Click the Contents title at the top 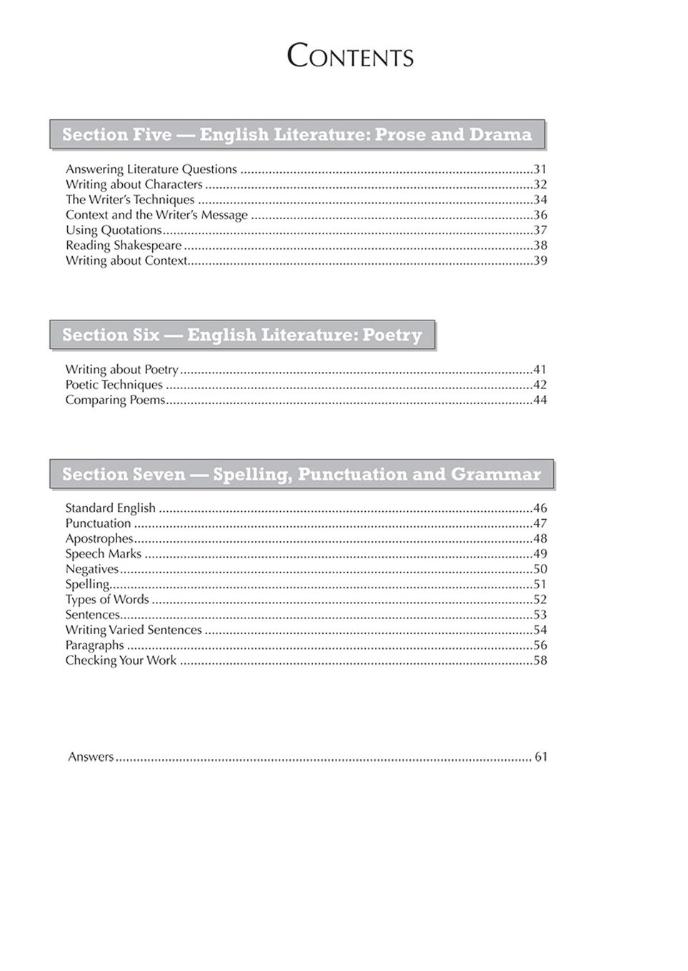click(x=350, y=56)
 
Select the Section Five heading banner click(x=296, y=135)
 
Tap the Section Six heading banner click(x=242, y=335)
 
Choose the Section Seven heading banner click(x=301, y=474)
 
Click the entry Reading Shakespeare click(x=124, y=246)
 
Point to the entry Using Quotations click(x=114, y=231)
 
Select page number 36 click(x=540, y=215)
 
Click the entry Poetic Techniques click(x=114, y=385)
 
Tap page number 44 click(x=540, y=400)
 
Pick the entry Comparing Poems click(x=115, y=400)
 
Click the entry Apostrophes click(x=99, y=539)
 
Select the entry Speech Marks click(x=104, y=554)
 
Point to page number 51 click(x=540, y=585)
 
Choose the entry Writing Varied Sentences click(x=134, y=630)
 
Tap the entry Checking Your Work click(x=121, y=660)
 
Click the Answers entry click(x=91, y=757)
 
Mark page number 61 click(x=541, y=757)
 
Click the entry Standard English click(x=110, y=508)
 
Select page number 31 click(x=540, y=169)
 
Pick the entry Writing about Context click(x=126, y=261)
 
